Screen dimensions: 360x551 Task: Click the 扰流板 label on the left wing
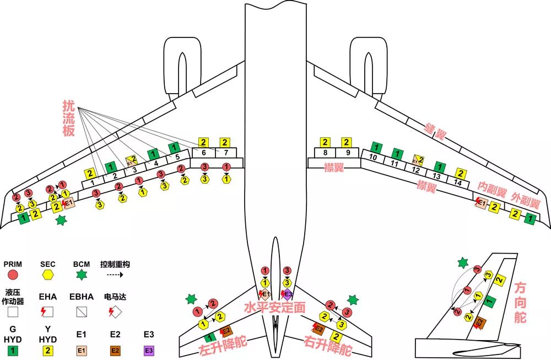69,117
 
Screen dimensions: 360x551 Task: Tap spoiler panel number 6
203,152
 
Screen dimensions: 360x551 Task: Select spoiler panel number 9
347,152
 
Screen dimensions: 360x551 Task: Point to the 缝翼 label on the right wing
436,130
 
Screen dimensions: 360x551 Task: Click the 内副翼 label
491,189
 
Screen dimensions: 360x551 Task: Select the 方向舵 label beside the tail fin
520,303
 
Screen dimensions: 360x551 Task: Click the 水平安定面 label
275,307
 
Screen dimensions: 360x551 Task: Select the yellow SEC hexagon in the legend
48,274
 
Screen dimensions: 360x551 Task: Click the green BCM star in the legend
82,274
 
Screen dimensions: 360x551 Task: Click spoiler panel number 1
92,182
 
